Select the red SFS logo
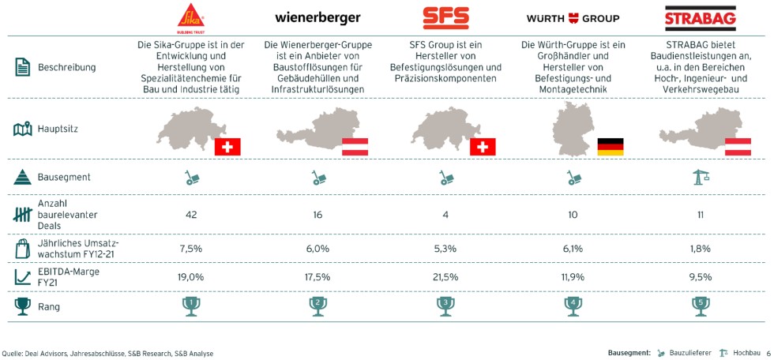pos(445,17)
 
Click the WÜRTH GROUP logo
pos(573,18)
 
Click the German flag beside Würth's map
pos(610,146)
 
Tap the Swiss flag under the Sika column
pos(227,147)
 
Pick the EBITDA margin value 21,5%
pos(445,277)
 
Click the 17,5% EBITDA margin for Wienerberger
pos(317,277)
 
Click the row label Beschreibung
pos(66,67)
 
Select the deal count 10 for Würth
pos(573,215)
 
